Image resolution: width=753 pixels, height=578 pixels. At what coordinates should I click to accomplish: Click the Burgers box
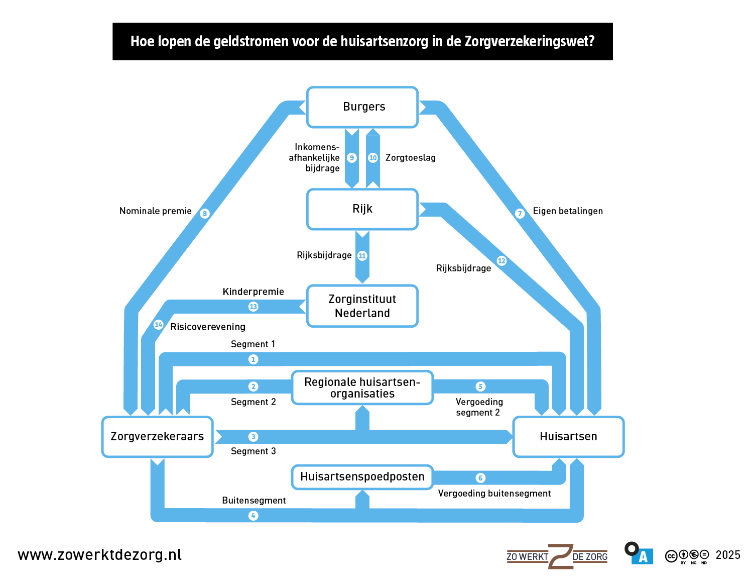(x=362, y=107)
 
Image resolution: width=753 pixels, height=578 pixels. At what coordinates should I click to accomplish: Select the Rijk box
(x=362, y=209)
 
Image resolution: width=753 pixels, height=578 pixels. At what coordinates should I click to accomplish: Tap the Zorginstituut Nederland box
(x=362, y=306)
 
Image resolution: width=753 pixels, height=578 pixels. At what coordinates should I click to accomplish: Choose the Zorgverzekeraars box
(x=157, y=436)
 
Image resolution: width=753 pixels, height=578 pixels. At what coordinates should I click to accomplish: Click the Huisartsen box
(x=568, y=436)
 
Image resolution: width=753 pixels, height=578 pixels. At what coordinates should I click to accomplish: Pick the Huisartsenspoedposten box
(x=362, y=477)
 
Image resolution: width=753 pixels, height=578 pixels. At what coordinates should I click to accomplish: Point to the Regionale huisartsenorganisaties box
(x=362, y=388)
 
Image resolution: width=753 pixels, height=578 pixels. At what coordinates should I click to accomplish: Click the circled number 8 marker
(x=204, y=214)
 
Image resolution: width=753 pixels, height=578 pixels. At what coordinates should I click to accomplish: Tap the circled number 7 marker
(x=520, y=214)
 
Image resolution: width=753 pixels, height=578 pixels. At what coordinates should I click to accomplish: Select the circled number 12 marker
(x=501, y=260)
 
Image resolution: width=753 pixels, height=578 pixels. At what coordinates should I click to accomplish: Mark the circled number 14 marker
(x=159, y=325)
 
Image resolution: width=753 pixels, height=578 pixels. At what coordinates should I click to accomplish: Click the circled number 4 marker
(x=254, y=516)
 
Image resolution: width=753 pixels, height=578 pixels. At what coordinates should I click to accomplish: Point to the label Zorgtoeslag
(x=410, y=158)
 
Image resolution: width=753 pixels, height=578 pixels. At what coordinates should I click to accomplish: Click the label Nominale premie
(x=155, y=211)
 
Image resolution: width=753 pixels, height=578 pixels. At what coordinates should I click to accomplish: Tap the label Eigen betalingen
(x=568, y=211)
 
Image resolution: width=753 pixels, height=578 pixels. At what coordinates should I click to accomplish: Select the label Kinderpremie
(x=253, y=292)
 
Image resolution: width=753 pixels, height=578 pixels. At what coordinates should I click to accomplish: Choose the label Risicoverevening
(x=208, y=327)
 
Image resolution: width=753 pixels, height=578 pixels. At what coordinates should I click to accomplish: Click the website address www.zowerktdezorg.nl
(x=99, y=555)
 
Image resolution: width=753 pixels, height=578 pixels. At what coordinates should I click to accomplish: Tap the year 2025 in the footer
(x=728, y=555)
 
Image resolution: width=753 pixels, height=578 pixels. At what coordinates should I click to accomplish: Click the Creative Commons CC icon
(x=671, y=556)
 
